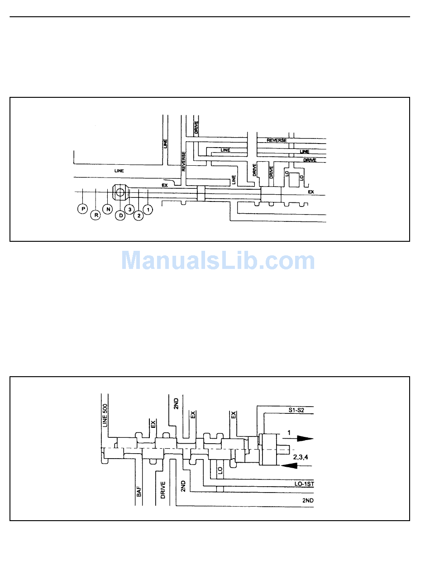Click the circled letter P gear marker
coord(82,209)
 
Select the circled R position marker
coord(96,215)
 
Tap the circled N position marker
coord(108,209)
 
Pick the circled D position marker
coord(121,216)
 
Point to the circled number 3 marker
coord(129,209)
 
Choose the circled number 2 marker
coord(139,216)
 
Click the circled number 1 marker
coord(148,209)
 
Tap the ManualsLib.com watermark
coord(218,261)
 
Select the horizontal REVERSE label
coord(277,140)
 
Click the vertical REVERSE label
coord(184,161)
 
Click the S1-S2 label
coord(297,410)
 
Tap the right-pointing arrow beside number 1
coord(302,438)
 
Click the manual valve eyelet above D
coord(120,192)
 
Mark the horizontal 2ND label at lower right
coord(308,500)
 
